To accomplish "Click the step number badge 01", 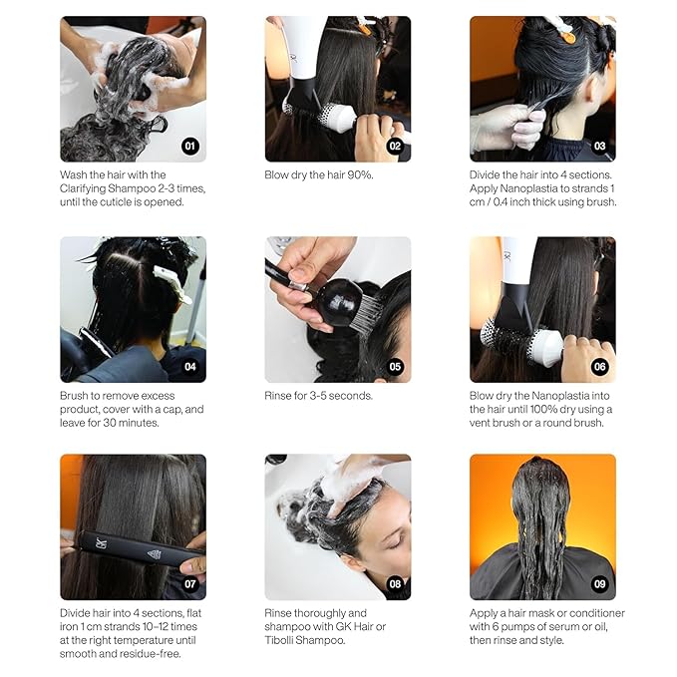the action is (190, 146).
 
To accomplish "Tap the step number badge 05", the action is (395, 367).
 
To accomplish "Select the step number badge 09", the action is (599, 584).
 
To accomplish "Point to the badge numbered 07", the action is (190, 584).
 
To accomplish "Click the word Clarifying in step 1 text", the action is (83, 188).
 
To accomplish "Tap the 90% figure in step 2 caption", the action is (360, 174).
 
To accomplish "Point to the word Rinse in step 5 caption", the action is (276, 396).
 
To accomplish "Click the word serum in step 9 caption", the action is (559, 626).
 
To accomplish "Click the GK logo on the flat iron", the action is (101, 542).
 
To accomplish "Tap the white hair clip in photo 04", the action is (172, 284).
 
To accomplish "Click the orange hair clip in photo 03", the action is (568, 36).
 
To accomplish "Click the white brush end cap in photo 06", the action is (548, 347).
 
